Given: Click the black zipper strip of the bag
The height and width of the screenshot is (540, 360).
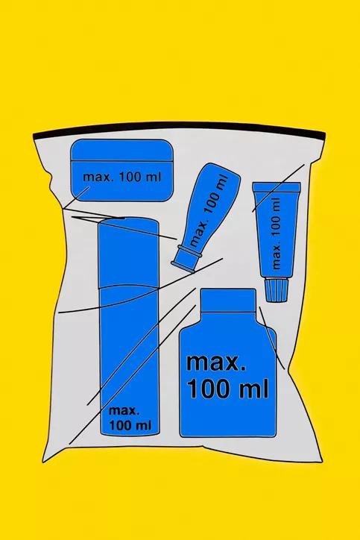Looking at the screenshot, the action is tap(179, 128).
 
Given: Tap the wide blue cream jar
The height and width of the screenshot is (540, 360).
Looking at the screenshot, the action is tap(121, 170).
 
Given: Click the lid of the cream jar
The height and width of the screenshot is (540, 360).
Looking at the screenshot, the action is tap(121, 150).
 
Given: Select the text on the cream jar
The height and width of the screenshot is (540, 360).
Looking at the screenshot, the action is tap(121, 177).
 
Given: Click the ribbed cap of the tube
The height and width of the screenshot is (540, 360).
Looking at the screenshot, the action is tap(276, 290).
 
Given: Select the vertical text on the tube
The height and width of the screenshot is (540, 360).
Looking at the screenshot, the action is tap(277, 233).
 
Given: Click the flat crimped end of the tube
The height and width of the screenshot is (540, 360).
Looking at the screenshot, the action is tap(277, 186).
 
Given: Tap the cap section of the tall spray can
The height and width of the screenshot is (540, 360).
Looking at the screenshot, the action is tap(128, 253).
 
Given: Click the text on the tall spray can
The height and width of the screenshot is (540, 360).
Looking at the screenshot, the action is tap(130, 418).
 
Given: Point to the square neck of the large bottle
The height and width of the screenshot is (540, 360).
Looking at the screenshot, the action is tap(228, 300).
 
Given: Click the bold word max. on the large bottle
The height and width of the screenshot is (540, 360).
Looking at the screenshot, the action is tap(216, 363).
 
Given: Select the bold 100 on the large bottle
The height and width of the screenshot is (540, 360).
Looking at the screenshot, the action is tap(208, 389).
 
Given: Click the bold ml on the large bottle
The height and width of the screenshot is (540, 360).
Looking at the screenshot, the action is tap(253, 388).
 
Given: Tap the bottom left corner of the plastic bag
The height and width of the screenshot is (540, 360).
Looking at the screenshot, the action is tap(43, 462).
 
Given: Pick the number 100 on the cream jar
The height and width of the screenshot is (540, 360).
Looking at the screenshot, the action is tap(130, 177).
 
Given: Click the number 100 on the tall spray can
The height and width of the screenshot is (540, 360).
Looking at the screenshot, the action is tap(120, 425).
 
